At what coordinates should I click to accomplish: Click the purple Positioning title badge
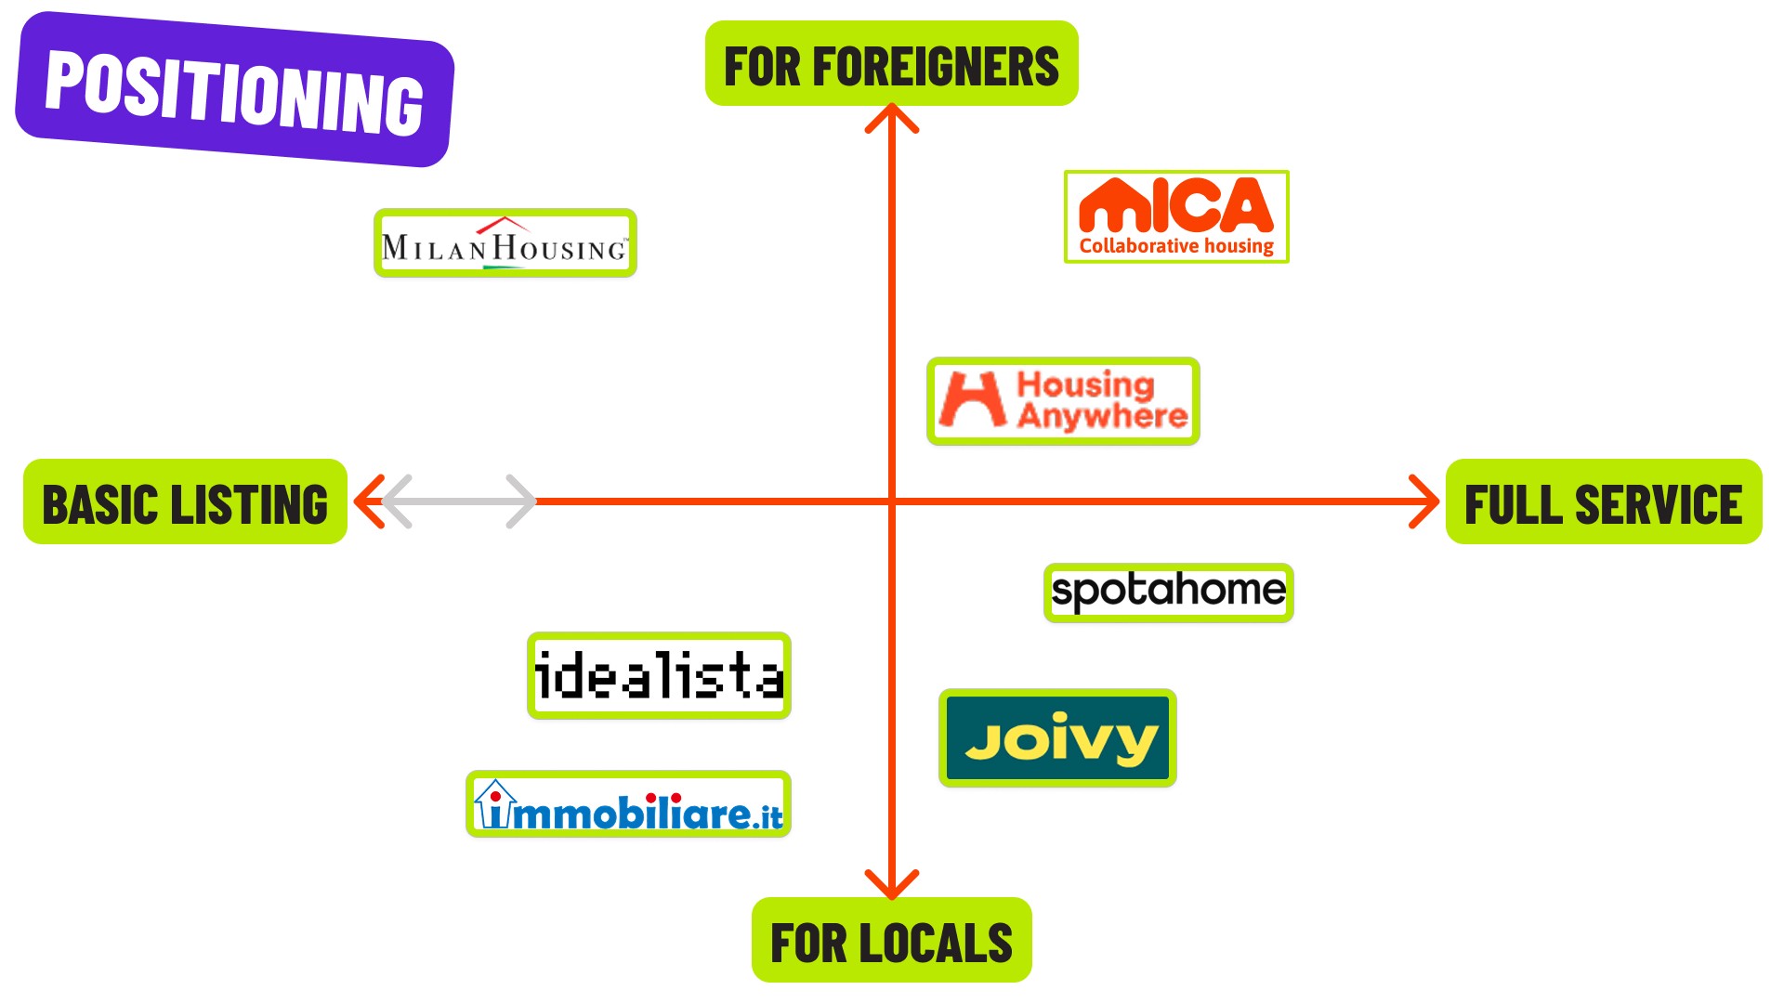[x=234, y=89]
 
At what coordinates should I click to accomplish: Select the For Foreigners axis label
[x=891, y=64]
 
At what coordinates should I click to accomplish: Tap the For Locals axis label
[x=891, y=940]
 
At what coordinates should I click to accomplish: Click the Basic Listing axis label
[x=185, y=501]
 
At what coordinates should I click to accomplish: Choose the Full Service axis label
[x=1603, y=501]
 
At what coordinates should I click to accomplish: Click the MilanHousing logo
[x=505, y=243]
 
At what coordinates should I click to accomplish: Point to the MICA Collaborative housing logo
[x=1175, y=216]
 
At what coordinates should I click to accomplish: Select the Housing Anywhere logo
[x=1063, y=401]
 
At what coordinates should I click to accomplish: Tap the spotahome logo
[x=1168, y=592]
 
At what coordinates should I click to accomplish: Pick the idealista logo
[x=659, y=675]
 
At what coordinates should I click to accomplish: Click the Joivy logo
[x=1057, y=738]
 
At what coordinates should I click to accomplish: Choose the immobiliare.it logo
[x=628, y=804]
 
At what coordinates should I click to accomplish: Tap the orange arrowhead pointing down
[x=891, y=886]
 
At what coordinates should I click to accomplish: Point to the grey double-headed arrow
[x=459, y=501]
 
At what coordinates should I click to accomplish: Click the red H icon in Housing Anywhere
[x=972, y=399]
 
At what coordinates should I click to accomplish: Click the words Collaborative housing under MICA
[x=1176, y=246]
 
